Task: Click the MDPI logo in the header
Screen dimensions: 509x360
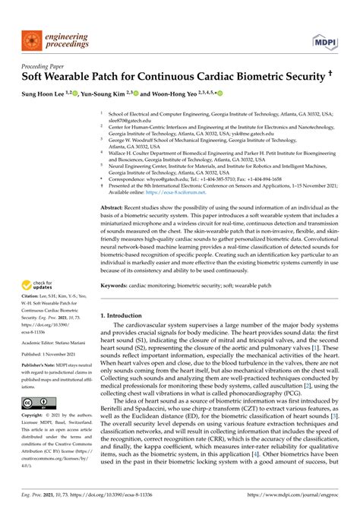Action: pos(332,36)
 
